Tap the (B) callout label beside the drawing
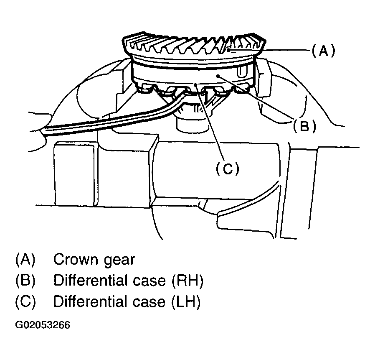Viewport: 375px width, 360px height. tap(304, 126)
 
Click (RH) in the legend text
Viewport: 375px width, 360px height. tap(187, 281)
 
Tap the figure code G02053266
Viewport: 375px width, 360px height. tap(42, 325)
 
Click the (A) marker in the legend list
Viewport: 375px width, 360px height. tap(25, 260)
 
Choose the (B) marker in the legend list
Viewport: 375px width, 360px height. tap(25, 281)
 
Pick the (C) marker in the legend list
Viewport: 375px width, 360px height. tap(25, 302)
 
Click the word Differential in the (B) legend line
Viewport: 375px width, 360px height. tap(89, 281)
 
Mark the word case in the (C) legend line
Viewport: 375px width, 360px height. tap(146, 302)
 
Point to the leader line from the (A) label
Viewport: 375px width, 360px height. tap(284, 51)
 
